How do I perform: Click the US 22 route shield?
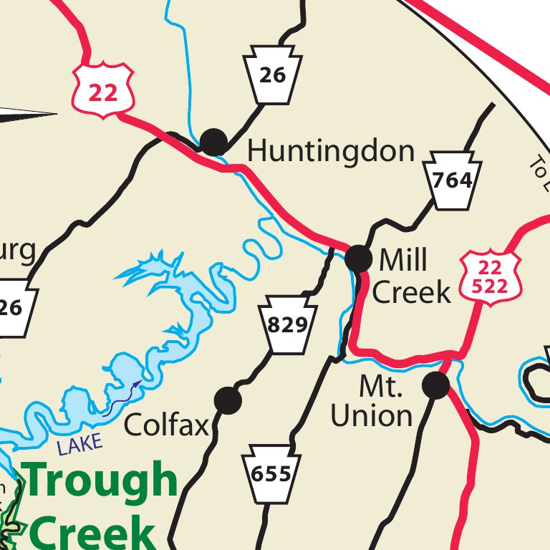(x=103, y=88)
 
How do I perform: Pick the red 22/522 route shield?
(x=491, y=277)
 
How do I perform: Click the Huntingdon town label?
(x=331, y=151)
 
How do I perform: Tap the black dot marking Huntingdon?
(x=213, y=142)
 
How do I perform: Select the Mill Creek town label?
(x=412, y=276)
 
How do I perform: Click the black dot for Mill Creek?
(x=359, y=259)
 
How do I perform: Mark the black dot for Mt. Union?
(x=435, y=385)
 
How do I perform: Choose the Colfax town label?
(x=166, y=425)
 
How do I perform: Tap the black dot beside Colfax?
(x=228, y=400)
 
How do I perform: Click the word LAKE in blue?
(x=80, y=445)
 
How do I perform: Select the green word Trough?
(x=100, y=481)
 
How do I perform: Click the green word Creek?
(x=93, y=533)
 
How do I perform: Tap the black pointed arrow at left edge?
(x=29, y=113)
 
